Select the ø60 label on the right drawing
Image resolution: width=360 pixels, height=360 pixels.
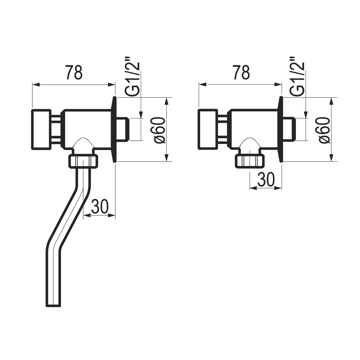[325, 130]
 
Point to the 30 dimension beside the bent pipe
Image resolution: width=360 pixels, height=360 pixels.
[100, 207]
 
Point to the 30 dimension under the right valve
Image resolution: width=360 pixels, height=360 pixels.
[266, 179]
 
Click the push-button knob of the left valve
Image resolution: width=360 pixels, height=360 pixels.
[41, 129]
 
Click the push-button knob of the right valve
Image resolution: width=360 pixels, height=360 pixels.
[208, 129]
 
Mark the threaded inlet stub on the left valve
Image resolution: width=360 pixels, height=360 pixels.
[124, 129]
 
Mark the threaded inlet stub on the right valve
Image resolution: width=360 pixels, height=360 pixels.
[290, 129]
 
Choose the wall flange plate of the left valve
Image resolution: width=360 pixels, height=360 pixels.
[114, 129]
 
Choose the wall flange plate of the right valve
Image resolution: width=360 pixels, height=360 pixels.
[280, 129]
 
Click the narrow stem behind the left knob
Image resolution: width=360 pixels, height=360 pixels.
[56, 129]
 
